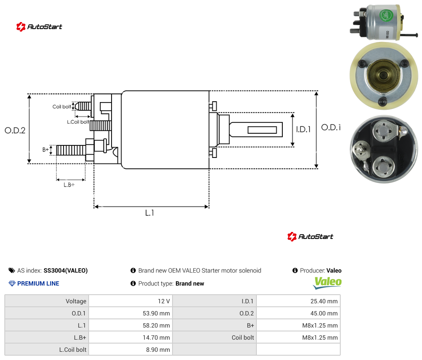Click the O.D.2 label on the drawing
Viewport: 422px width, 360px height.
coord(15,131)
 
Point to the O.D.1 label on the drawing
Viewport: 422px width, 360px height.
coord(331,127)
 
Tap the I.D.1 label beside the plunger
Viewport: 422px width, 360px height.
coord(304,129)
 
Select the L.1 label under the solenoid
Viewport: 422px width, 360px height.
coord(150,213)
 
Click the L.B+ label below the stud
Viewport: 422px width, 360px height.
coord(69,185)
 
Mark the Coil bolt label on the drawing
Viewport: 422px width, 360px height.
coord(62,106)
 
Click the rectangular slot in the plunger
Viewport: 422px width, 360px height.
coord(262,130)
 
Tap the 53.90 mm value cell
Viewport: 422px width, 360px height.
coord(131,313)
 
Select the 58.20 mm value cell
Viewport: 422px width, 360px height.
coord(131,325)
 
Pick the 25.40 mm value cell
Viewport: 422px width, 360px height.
coord(298,301)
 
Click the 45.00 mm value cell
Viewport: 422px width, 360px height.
coord(298,313)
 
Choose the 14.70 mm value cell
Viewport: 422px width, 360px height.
coord(131,337)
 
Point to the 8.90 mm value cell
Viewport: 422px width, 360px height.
coord(131,350)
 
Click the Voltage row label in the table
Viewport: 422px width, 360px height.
coord(76,301)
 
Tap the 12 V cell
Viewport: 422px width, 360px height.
coord(131,301)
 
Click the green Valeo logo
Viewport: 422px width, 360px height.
coord(327,283)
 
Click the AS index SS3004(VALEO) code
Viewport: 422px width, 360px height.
coord(66,270)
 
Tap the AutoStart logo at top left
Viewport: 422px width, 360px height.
coord(39,27)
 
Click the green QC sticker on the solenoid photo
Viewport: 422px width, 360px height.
coord(386,16)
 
